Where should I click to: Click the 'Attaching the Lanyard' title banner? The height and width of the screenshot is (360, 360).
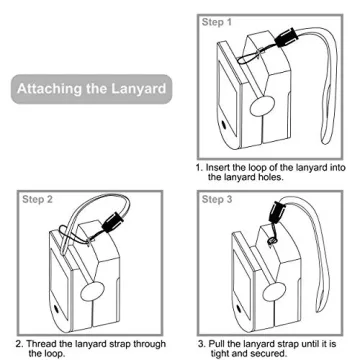[x=92, y=89]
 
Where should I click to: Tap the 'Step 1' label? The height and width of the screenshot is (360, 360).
[x=217, y=22]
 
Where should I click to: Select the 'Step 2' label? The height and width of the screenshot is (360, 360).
[x=37, y=199]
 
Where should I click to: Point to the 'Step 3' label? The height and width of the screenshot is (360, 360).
[x=217, y=199]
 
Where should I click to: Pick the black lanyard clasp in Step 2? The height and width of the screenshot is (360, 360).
[x=113, y=222]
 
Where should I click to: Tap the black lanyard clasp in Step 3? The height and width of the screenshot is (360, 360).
[x=277, y=210]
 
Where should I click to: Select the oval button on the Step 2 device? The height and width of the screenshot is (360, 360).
[x=93, y=290]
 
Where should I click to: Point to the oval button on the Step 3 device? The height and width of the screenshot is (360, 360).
[x=274, y=292]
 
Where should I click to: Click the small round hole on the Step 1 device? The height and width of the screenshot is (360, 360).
[x=224, y=125]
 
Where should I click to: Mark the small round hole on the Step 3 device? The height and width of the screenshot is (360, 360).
[x=237, y=308]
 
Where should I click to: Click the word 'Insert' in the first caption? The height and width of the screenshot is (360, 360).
[x=218, y=167]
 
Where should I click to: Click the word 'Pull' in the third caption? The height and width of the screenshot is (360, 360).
[x=216, y=343]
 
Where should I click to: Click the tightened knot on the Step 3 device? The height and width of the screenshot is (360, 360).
[x=272, y=240]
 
